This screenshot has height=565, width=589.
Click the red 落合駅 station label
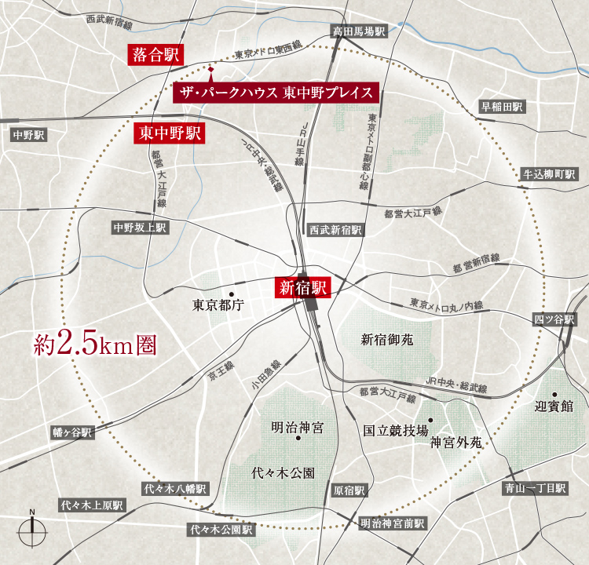155,54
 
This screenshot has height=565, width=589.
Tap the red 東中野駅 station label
168,133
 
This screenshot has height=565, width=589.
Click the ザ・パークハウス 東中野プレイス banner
276,92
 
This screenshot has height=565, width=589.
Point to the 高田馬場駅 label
359,32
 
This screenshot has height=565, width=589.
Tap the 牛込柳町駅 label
549,174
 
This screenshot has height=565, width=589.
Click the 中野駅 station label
30,135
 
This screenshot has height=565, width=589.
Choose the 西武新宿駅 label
335,230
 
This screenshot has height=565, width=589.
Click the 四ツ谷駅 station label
554,319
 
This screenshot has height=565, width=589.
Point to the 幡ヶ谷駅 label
72,432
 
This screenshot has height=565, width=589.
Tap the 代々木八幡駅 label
174,488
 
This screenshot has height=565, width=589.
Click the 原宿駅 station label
349,491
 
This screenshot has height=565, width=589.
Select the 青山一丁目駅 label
534,488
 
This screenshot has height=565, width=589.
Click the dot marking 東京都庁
231,294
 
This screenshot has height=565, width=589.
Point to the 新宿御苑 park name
386,340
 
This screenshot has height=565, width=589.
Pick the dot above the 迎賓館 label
554,394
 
